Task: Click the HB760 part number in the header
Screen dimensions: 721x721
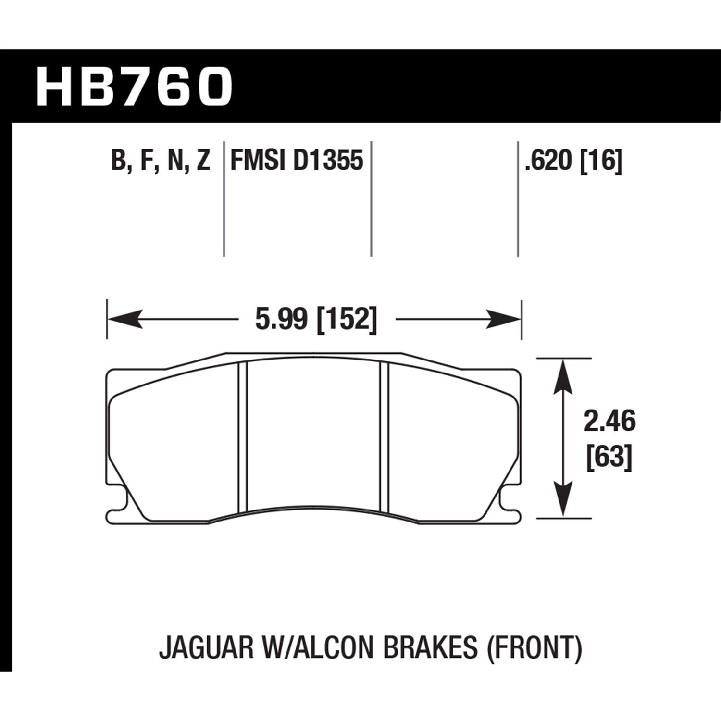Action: tap(134, 87)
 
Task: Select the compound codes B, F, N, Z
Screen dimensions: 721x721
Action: tap(161, 161)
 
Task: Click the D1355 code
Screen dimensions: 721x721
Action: tap(328, 160)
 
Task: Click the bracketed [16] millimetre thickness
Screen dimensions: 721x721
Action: tap(601, 160)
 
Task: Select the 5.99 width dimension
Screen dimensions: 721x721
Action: tap(280, 319)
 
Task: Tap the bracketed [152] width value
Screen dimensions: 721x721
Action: tap(346, 319)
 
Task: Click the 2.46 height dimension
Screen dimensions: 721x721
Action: tap(609, 422)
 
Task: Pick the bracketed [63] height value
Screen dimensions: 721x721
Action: tap(609, 456)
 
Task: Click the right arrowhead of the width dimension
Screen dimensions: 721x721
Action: tap(503, 319)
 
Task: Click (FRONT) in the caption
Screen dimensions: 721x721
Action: tap(534, 647)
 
